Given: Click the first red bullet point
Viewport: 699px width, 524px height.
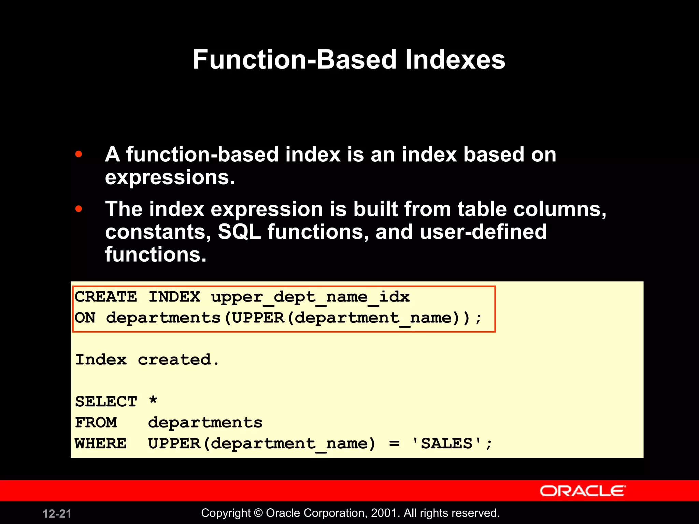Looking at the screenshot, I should (79, 154).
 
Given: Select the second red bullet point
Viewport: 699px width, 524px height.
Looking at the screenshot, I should (79, 208).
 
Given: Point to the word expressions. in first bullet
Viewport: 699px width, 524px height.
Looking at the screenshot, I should (170, 178).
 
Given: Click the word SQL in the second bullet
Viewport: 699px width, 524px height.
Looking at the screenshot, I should (239, 232).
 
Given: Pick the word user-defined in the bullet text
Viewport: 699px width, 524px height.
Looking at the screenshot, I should (483, 232).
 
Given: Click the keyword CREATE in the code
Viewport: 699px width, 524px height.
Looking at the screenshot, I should (106, 297).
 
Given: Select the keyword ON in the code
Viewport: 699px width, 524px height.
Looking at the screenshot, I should (85, 318).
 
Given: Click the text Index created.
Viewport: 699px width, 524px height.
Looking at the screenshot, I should (147, 360).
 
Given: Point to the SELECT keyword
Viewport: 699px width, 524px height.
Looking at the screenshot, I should (106, 402).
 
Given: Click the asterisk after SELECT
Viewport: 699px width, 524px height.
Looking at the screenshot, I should (153, 400).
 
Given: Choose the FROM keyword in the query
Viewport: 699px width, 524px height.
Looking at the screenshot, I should (96, 423).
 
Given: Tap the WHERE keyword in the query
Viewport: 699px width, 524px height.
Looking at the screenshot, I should (101, 443).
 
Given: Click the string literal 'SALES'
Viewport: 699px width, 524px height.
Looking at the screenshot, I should (447, 443).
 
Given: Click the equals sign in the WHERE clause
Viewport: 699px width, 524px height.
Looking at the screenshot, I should (394, 444).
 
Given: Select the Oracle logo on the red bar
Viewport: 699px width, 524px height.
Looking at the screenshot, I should (583, 491).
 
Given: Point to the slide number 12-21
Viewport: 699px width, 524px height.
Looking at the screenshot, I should (57, 514).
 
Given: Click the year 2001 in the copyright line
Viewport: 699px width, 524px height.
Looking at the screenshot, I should (383, 513).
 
